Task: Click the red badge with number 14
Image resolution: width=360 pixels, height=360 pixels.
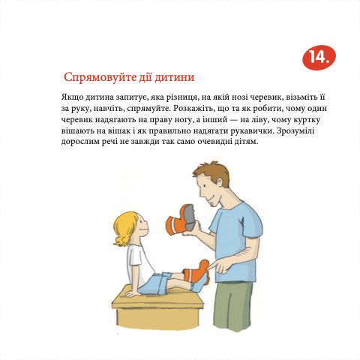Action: pyautogui.click(x=319, y=58)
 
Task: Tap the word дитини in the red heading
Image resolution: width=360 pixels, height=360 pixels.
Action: pyautogui.click(x=174, y=77)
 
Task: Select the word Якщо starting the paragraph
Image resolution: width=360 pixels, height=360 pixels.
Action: pyautogui.click(x=72, y=97)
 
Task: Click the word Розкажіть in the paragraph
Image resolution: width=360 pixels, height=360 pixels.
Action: pyautogui.click(x=193, y=109)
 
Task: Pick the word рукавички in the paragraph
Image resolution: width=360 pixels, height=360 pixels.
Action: pyautogui.click(x=252, y=131)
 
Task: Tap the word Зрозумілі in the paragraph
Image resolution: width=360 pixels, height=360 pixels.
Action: pyautogui.click(x=295, y=131)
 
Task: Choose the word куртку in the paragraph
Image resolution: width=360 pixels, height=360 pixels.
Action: pyautogui.click(x=307, y=120)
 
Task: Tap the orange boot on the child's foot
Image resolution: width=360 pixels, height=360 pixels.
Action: pyautogui.click(x=196, y=272)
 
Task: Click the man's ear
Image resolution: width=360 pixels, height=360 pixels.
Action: pyautogui.click(x=220, y=181)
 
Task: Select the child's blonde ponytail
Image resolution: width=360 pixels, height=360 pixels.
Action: pyautogui.click(x=122, y=239)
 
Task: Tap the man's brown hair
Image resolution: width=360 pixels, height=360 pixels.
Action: pyautogui.click(x=211, y=172)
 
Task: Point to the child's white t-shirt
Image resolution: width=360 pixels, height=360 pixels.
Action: pyautogui.click(x=139, y=264)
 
